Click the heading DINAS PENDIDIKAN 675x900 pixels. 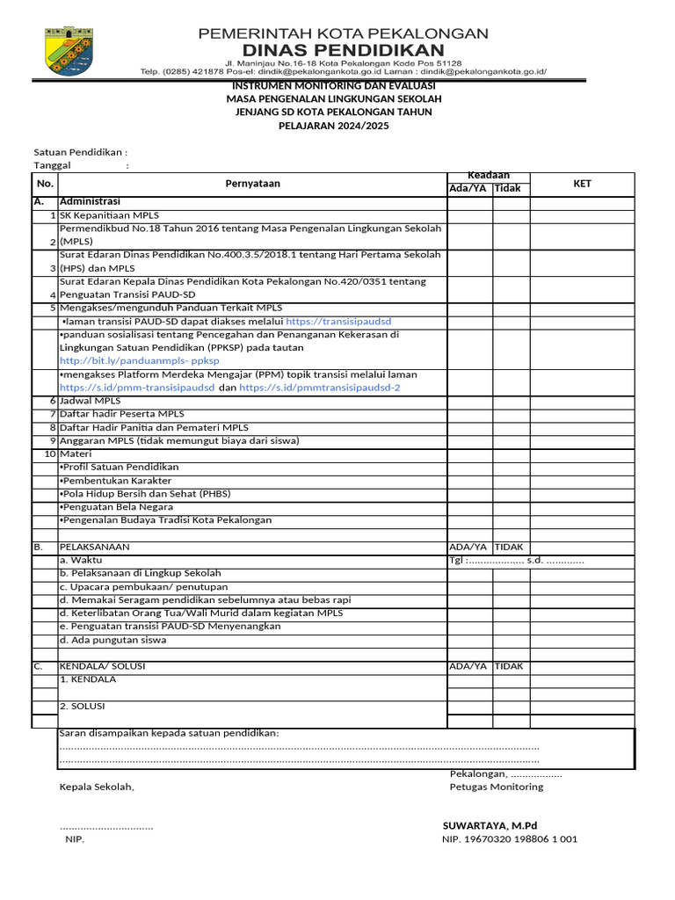pyautogui.click(x=343, y=48)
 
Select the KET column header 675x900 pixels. pyautogui.click(x=582, y=184)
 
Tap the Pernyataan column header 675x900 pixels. pyautogui.click(x=253, y=184)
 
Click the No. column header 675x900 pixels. pyautogui.click(x=45, y=184)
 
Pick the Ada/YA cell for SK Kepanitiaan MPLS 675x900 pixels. pyautogui.click(x=469, y=215)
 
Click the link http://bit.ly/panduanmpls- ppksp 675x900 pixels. pyautogui.click(x=140, y=360)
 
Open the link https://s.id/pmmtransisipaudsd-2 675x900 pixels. pyautogui.click(x=320, y=387)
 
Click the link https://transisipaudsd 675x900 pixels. pyautogui.click(x=338, y=321)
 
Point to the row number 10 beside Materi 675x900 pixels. pyautogui.click(x=50, y=454)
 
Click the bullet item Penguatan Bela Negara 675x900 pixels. pyautogui.click(x=115, y=507)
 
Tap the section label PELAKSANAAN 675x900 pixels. pyautogui.click(x=94, y=547)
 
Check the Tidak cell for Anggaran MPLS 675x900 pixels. pyautogui.click(x=510, y=440)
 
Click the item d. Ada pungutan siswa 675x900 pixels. pyautogui.click(x=112, y=640)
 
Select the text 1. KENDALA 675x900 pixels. pyautogui.click(x=87, y=679)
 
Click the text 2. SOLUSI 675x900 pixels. pyautogui.click(x=83, y=706)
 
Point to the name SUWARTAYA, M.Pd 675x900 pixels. pyautogui.click(x=489, y=826)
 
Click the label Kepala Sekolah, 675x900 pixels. pyautogui.click(x=97, y=787)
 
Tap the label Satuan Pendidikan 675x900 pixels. pyautogui.click(x=80, y=152)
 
